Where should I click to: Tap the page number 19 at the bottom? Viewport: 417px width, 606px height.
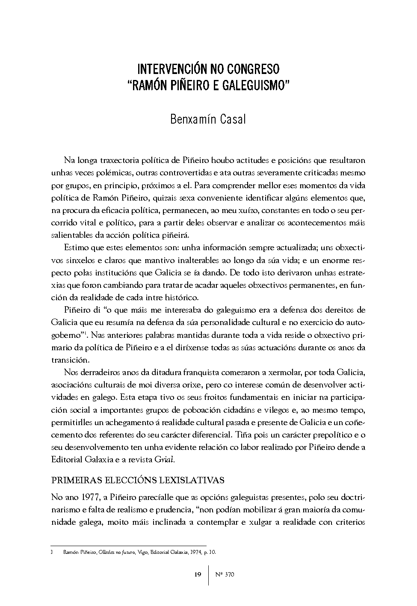(x=198, y=574)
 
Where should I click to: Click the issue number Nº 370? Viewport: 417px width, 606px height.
(x=224, y=574)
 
